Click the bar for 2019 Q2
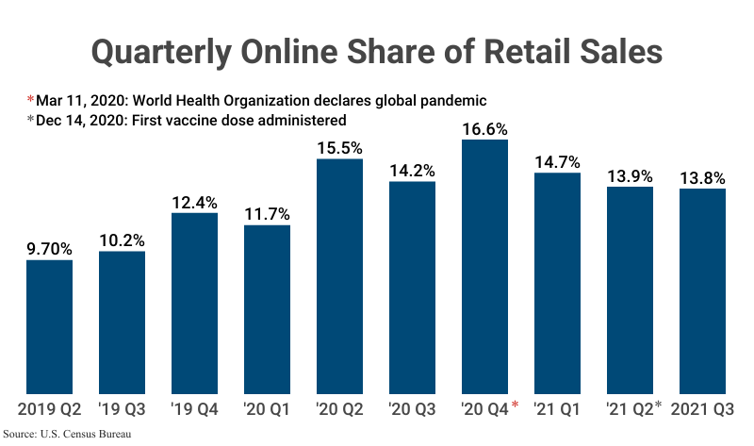[x=49, y=326]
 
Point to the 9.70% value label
[x=49, y=249]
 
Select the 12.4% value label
[x=194, y=202]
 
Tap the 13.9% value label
[x=630, y=175]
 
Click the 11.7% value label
[x=267, y=214]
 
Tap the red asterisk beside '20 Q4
[x=516, y=405]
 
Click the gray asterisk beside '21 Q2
[x=659, y=405]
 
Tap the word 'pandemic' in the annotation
[x=451, y=99]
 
